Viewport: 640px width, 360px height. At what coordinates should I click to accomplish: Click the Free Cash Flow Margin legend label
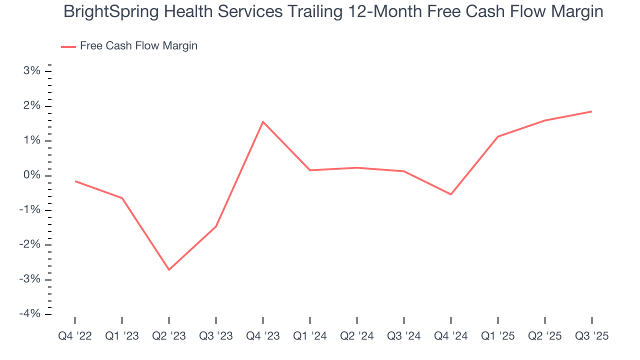tap(138, 46)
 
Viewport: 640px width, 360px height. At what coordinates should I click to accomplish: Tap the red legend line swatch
tap(68, 46)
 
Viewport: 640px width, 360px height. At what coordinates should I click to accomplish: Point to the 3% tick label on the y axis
tap(31, 71)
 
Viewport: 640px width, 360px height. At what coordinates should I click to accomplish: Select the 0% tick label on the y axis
tap(31, 175)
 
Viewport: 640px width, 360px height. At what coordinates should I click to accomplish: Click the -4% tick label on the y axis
tap(29, 314)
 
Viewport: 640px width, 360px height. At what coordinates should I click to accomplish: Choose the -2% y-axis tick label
tap(29, 245)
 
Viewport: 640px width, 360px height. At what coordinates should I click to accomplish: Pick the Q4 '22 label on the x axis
tap(75, 336)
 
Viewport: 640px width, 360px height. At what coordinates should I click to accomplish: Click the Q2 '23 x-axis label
tap(169, 336)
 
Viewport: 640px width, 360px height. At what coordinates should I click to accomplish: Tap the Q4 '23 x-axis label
tap(263, 336)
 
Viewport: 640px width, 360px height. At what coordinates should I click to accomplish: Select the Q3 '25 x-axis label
tap(592, 336)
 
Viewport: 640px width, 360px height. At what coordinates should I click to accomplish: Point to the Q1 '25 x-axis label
tap(498, 336)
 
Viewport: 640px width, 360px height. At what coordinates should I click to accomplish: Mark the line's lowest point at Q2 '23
tap(169, 270)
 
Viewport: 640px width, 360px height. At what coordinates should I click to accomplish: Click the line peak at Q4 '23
tap(263, 121)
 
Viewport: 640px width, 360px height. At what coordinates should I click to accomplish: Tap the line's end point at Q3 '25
tap(592, 111)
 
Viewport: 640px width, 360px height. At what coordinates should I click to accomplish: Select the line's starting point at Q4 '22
tap(75, 181)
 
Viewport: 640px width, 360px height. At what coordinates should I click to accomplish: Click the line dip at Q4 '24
tap(451, 194)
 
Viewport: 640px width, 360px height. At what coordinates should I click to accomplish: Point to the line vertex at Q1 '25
tap(498, 136)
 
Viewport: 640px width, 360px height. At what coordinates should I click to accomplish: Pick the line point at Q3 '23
tap(216, 226)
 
